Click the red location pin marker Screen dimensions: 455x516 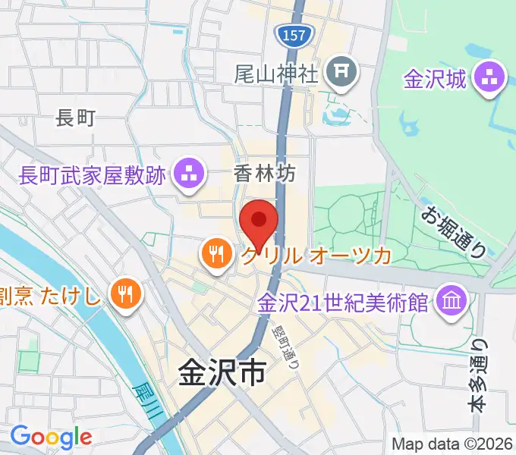tap(258, 222)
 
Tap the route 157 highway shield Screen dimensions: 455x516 tap(291, 35)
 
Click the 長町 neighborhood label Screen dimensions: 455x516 tap(76, 118)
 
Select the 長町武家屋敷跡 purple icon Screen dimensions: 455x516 tap(189, 175)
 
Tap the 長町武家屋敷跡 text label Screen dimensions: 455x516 tap(93, 176)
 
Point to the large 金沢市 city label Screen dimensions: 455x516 tap(222, 373)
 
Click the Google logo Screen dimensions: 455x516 tap(51, 436)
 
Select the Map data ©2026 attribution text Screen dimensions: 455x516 tap(451, 444)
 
